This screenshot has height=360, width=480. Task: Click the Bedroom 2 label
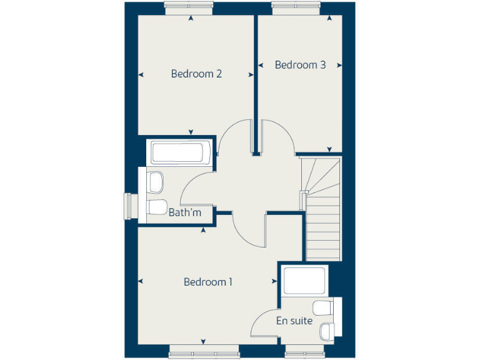[x=196, y=74]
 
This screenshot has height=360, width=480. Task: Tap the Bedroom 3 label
[x=300, y=65]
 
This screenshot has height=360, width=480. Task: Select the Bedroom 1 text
[x=207, y=282]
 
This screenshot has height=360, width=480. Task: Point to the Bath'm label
[x=185, y=212]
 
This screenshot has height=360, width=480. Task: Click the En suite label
[x=294, y=321]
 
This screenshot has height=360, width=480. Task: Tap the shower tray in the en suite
[x=304, y=281]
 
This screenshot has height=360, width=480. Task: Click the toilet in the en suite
[x=324, y=307]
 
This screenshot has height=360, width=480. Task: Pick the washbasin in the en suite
[x=327, y=329]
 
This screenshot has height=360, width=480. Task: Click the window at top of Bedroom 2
[x=190, y=7]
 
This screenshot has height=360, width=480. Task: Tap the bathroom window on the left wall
[x=130, y=207]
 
